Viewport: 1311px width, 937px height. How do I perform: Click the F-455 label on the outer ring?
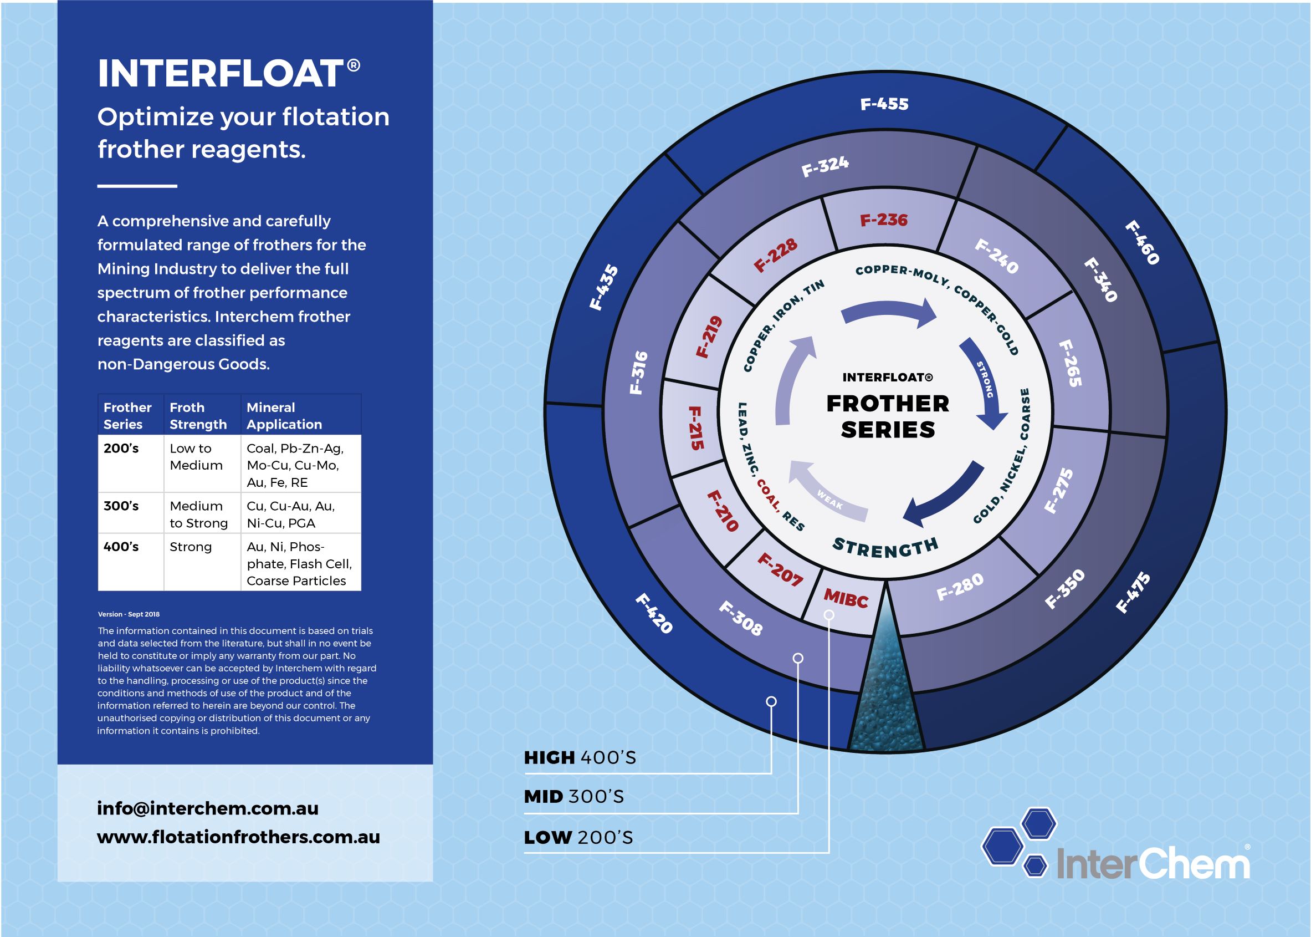[x=884, y=104]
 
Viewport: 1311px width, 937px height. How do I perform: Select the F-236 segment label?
[x=883, y=220]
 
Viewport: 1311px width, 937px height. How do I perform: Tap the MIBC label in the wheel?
[x=846, y=598]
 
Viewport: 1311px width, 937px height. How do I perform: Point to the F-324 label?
[x=825, y=166]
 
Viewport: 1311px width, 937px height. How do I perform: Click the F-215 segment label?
[x=697, y=428]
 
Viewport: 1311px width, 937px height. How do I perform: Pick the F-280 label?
[x=959, y=586]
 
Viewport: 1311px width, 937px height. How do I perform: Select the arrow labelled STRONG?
[x=985, y=381]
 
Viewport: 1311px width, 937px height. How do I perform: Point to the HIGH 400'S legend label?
[x=580, y=757]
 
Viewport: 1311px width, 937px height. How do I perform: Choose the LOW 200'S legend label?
[x=578, y=837]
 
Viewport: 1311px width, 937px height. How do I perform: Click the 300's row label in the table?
[x=121, y=506]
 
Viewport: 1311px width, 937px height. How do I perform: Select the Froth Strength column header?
[x=198, y=415]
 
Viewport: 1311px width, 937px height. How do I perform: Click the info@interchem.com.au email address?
[x=208, y=808]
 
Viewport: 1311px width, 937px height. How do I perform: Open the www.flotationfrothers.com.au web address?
[x=238, y=837]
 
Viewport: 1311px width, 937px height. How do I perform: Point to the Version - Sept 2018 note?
[x=129, y=614]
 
